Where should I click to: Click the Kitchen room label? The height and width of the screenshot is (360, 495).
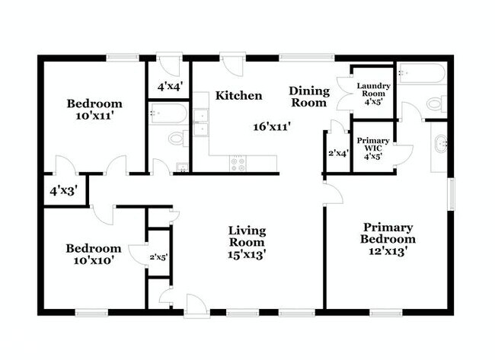pos(238,96)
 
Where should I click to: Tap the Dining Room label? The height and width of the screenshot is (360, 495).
pos(308,97)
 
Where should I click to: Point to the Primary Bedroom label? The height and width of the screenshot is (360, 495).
pos(388,233)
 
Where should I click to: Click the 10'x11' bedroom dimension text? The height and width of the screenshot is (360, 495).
pos(94,116)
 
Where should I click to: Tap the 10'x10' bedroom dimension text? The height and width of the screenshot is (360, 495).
pos(93,261)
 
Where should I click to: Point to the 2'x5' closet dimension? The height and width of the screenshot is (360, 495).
pos(158,257)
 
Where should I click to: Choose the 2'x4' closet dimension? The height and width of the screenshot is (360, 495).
pos(337,153)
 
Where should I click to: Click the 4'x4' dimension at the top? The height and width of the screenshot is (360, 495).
pos(169,87)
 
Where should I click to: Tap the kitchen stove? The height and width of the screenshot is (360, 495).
pos(238,161)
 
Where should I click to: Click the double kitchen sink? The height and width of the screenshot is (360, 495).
pos(201,122)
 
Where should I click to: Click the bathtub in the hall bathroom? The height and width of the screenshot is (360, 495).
pos(168,113)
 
